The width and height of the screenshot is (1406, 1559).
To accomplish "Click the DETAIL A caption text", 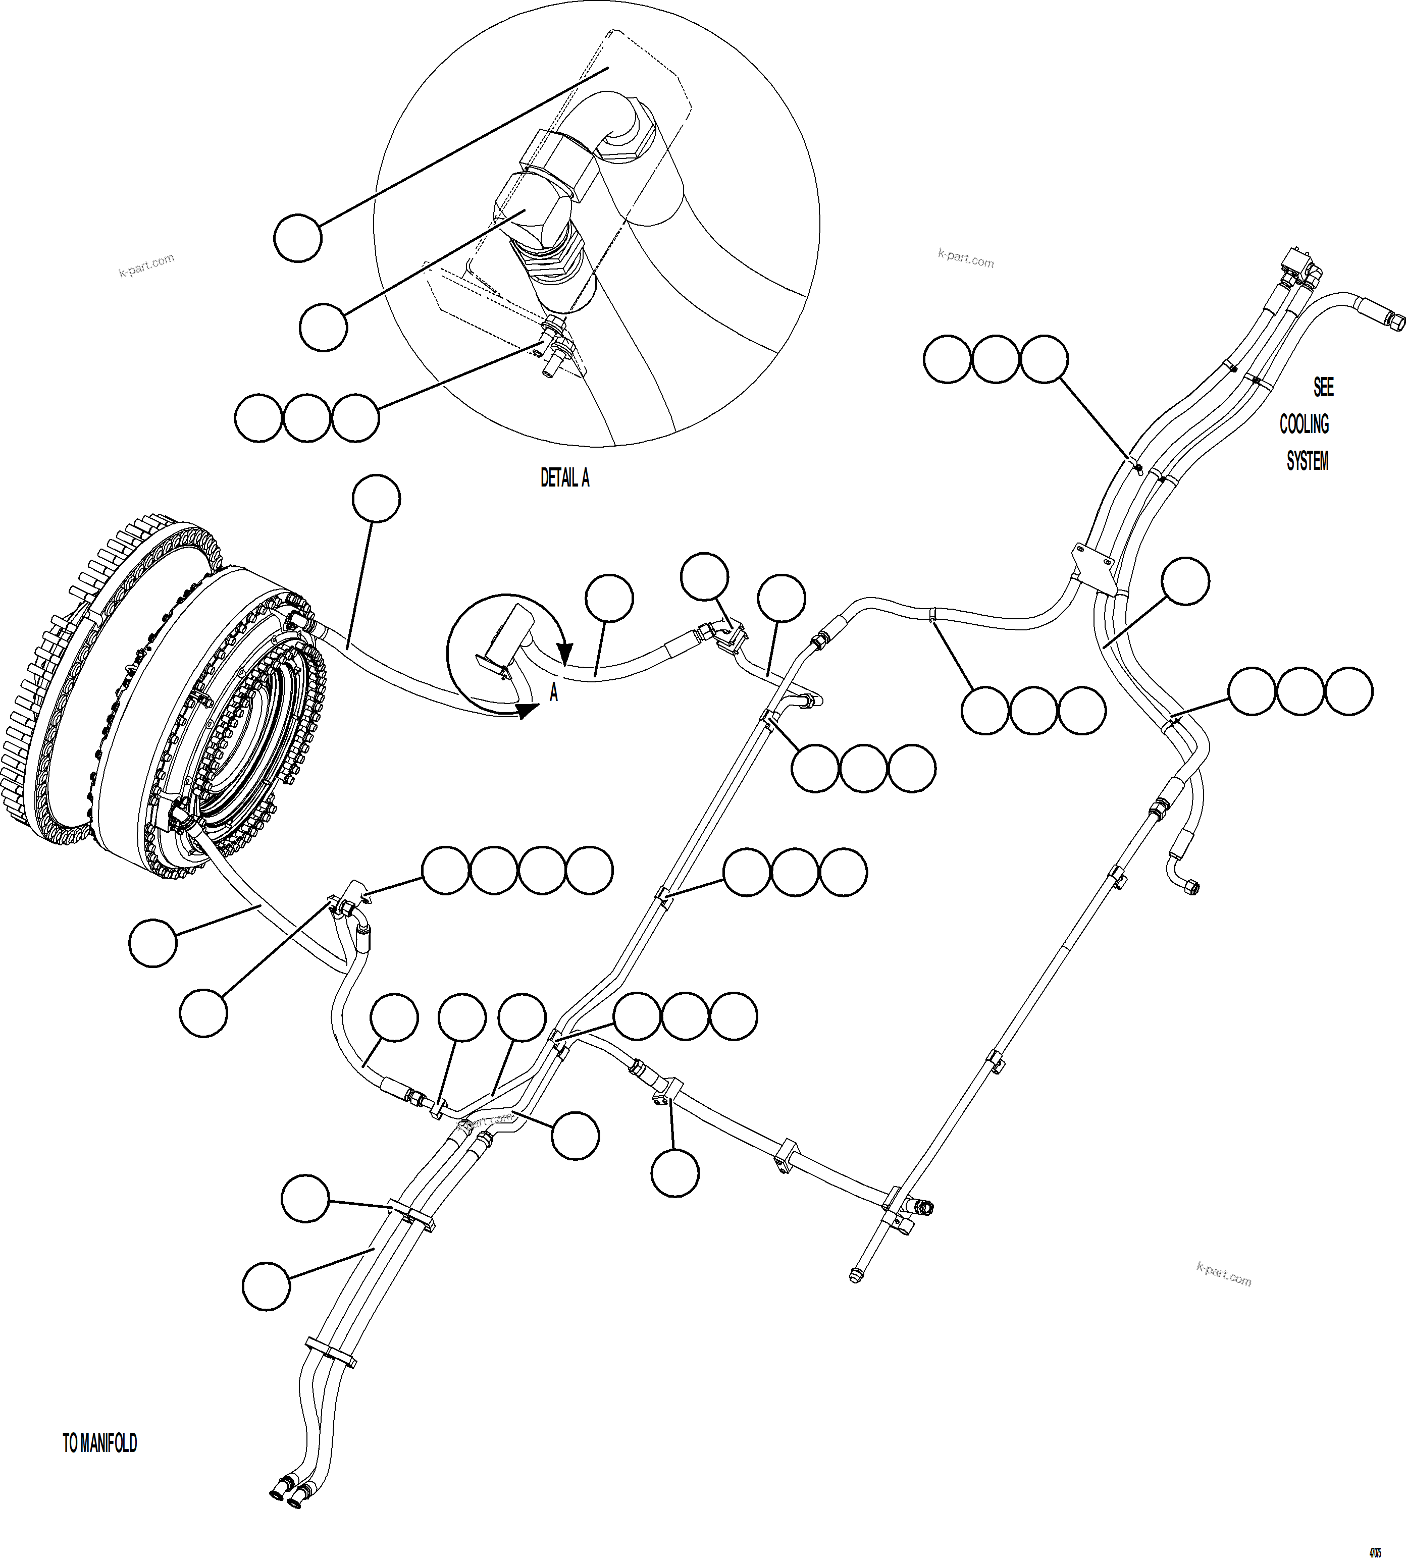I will (565, 479).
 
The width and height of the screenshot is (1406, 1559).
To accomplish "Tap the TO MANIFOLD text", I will (99, 1443).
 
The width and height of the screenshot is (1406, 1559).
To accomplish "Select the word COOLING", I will (1304, 424).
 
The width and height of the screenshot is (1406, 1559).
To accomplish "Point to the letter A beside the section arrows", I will (553, 693).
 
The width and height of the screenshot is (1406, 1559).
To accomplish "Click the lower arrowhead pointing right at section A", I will (528, 711).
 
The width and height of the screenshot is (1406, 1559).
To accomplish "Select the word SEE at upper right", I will (1323, 387).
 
